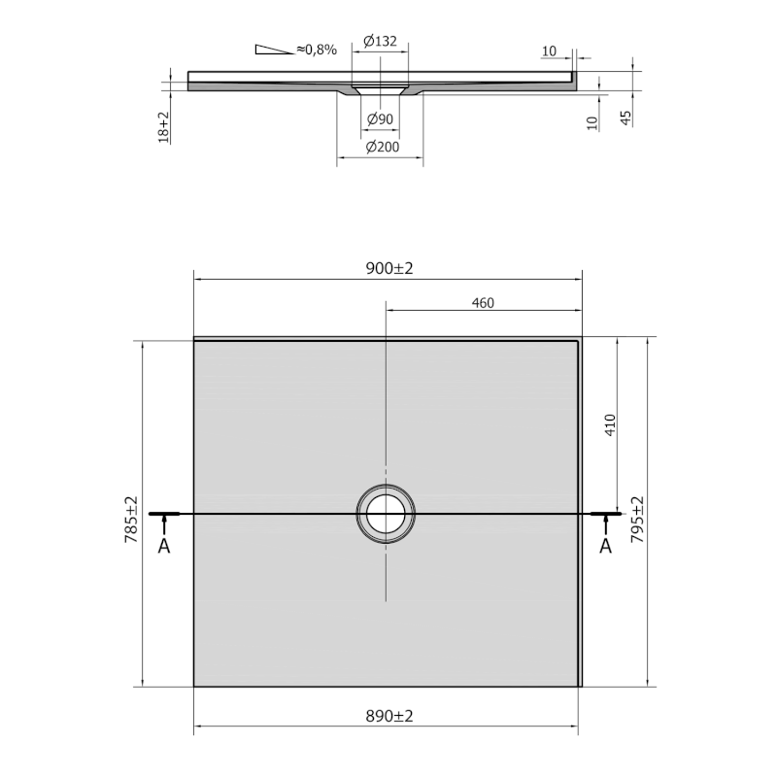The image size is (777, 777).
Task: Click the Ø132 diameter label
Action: pyautogui.click(x=380, y=41)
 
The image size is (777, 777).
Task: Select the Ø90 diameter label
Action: pyautogui.click(x=380, y=118)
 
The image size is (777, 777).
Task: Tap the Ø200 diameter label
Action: pyautogui.click(x=382, y=147)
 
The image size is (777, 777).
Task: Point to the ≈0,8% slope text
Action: pyautogui.click(x=317, y=50)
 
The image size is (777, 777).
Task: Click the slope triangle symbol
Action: pyautogui.click(x=274, y=50)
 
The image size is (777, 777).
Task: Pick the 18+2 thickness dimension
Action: pyautogui.click(x=163, y=127)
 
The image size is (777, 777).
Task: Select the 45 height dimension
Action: pyautogui.click(x=625, y=118)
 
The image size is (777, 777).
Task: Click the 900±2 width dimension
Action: pyautogui.click(x=389, y=268)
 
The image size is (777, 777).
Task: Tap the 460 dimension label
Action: pyautogui.click(x=483, y=303)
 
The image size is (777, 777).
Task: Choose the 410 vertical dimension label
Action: pyautogui.click(x=610, y=425)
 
